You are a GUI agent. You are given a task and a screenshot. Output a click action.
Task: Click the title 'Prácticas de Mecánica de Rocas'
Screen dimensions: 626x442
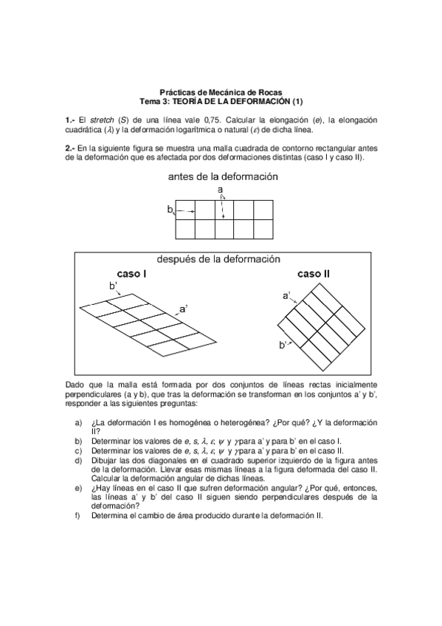tap(221, 92)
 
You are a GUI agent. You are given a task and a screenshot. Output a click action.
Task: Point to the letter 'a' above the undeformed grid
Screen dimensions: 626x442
tap(220, 190)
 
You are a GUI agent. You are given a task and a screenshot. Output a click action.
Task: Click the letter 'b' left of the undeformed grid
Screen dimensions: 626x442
tap(169, 210)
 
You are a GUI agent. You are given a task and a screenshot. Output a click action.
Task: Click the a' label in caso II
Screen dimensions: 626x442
tap(286, 295)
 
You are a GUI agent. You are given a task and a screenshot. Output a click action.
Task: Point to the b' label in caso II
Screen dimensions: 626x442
tap(283, 345)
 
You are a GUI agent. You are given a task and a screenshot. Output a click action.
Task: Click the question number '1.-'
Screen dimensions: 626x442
tap(71, 120)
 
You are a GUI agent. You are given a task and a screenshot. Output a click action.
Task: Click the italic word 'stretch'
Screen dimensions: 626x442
tap(102, 120)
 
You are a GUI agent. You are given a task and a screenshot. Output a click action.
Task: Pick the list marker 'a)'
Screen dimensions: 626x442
tap(78, 422)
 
